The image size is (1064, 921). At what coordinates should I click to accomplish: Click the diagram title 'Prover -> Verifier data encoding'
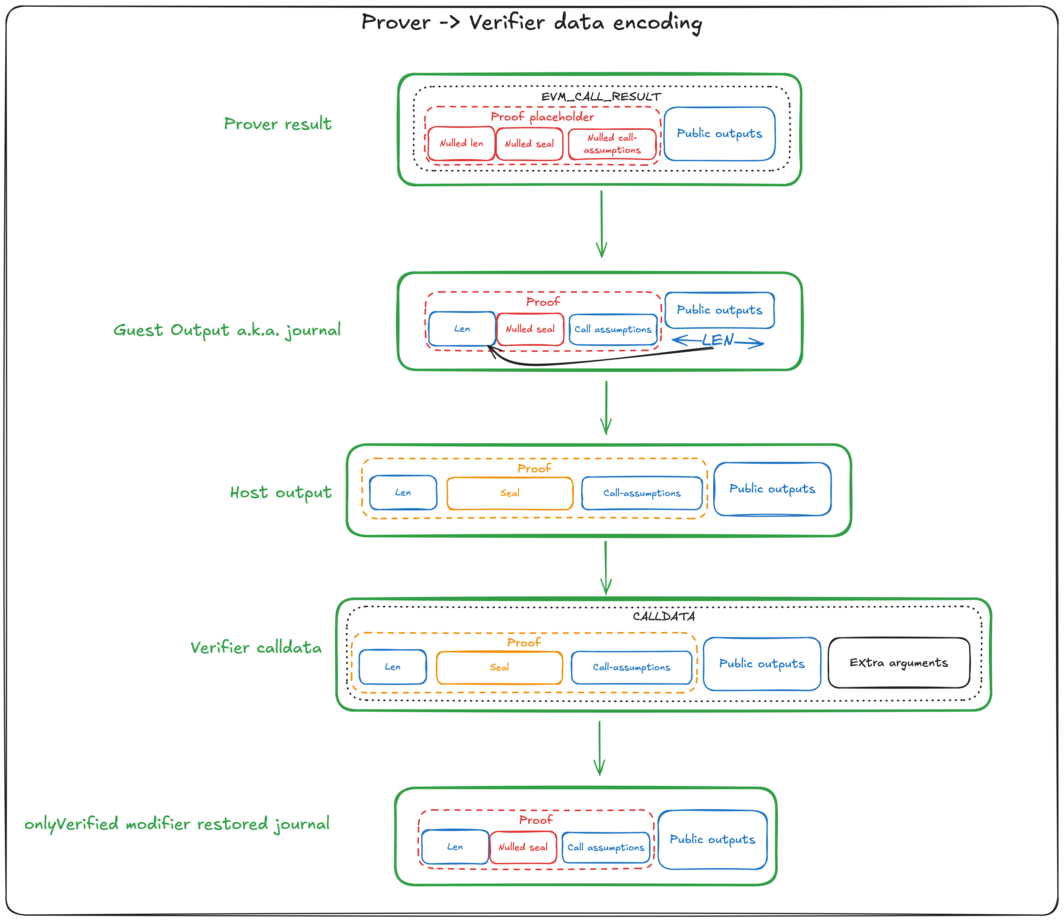[x=531, y=23]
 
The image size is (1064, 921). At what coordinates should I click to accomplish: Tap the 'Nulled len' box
[x=461, y=143]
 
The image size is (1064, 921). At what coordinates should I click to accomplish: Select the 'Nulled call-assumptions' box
[x=612, y=144]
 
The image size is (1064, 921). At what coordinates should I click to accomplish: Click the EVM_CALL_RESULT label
[x=601, y=97]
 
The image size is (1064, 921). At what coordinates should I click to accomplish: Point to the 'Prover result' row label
[x=278, y=124]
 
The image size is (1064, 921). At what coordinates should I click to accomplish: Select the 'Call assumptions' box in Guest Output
[x=613, y=329]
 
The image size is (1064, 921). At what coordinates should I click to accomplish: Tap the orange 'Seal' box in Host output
[x=509, y=493]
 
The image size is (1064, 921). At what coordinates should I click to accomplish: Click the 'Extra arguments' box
[x=899, y=663]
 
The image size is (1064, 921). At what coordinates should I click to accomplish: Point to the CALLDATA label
[x=664, y=616]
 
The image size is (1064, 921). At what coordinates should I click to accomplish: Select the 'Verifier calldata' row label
[x=256, y=648]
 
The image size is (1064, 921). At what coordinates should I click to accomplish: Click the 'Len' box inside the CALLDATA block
[x=393, y=667]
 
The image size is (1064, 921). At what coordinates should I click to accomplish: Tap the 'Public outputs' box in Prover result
[x=719, y=134]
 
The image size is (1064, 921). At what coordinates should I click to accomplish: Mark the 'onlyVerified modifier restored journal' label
[x=177, y=824]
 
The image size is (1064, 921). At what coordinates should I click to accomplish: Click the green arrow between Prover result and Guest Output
[x=601, y=224]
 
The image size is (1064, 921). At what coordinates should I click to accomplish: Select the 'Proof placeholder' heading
[x=542, y=117]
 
